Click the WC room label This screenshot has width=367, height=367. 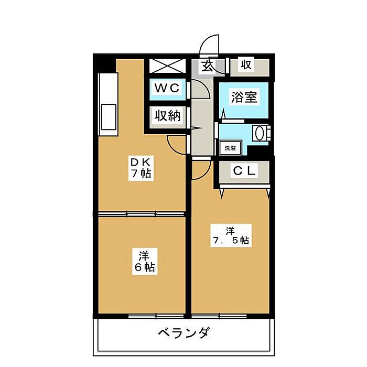pos(167,88)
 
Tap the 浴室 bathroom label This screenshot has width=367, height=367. pos(244,97)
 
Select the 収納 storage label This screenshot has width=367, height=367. pos(168,116)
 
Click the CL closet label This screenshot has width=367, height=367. pos(244,171)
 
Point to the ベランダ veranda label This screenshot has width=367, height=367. pos(183,332)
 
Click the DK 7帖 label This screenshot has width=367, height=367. pos(141,168)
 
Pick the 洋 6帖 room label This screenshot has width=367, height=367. pos(144,261)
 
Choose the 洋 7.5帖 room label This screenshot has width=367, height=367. pos(231,235)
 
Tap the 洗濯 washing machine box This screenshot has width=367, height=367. pos(230,148)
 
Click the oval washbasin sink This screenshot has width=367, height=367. pos(259,133)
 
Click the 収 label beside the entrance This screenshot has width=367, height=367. pos(246,64)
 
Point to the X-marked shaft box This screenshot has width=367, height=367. pos(167,66)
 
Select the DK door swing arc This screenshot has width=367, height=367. pos(173,148)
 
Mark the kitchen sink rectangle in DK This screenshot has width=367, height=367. pos(109,117)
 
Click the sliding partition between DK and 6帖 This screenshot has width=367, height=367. pos(142,214)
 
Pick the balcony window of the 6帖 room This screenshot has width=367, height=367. pos(156,317)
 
